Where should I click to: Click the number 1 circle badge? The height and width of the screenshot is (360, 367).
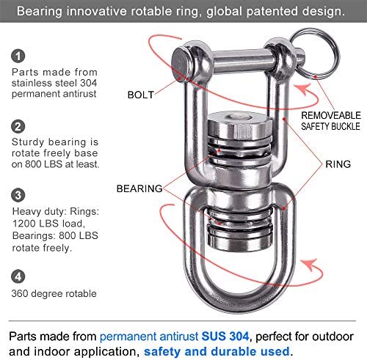[x=18, y=56]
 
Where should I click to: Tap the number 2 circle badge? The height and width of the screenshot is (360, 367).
[x=18, y=127]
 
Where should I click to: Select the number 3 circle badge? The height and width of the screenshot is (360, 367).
[x=18, y=195]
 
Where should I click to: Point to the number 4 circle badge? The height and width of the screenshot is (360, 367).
[x=18, y=276]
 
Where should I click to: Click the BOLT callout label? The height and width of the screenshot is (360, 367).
[x=141, y=95]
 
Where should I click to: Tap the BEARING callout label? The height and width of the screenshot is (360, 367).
[x=139, y=188]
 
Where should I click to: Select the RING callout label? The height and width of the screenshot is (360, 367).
[x=338, y=164]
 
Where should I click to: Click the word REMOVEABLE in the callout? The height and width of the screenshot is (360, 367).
[x=331, y=115]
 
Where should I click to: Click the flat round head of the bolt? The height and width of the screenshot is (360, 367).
[x=180, y=64]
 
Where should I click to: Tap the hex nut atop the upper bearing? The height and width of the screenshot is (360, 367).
[x=239, y=127]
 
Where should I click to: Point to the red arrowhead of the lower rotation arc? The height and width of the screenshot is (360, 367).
[x=310, y=265]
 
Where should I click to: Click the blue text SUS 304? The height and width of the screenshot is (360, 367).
[x=225, y=337]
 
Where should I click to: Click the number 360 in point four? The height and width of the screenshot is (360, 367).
[x=20, y=293]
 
